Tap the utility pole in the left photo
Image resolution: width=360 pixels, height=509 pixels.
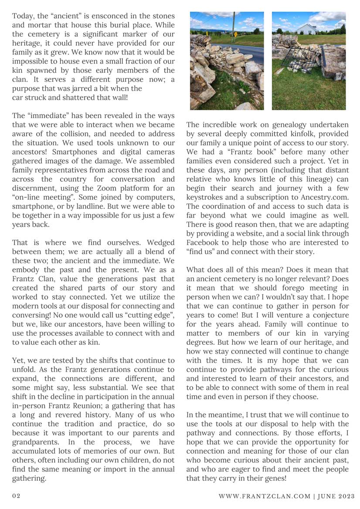click(x=234, y=26)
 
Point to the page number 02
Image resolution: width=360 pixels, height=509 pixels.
click(x=16, y=496)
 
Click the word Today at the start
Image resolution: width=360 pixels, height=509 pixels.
click(x=24, y=16)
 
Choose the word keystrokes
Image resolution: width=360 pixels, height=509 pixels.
click(x=205, y=198)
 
